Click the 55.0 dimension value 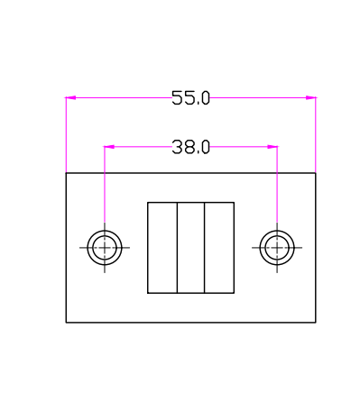point(190,98)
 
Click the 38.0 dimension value point(190,147)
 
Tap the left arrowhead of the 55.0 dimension point(70,97)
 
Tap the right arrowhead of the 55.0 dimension point(310,97)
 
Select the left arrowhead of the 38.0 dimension point(109,147)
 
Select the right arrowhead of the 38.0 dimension point(272,147)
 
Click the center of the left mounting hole point(105,248)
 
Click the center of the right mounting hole point(277,248)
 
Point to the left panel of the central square point(162,248)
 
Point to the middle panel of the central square point(190,248)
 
